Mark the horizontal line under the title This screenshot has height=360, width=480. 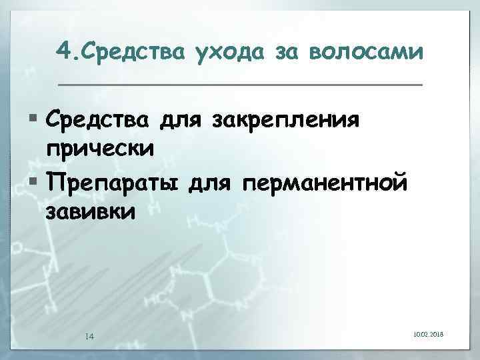[x=240, y=85]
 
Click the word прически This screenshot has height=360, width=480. [x=100, y=148]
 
